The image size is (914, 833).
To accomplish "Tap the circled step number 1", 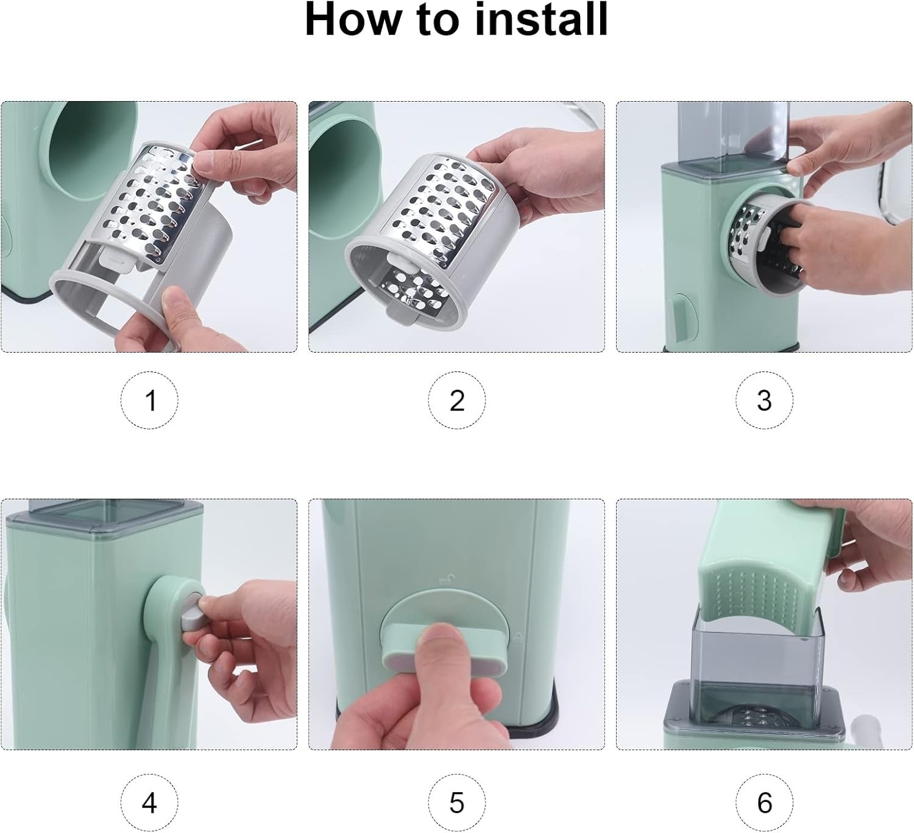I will [x=149, y=400].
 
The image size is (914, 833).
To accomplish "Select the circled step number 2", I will [x=457, y=400].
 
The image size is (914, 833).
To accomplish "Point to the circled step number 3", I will [x=764, y=400].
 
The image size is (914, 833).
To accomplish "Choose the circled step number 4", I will [x=149, y=803].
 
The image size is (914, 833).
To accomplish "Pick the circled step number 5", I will [x=457, y=803].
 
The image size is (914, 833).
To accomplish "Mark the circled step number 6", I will [x=764, y=803].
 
